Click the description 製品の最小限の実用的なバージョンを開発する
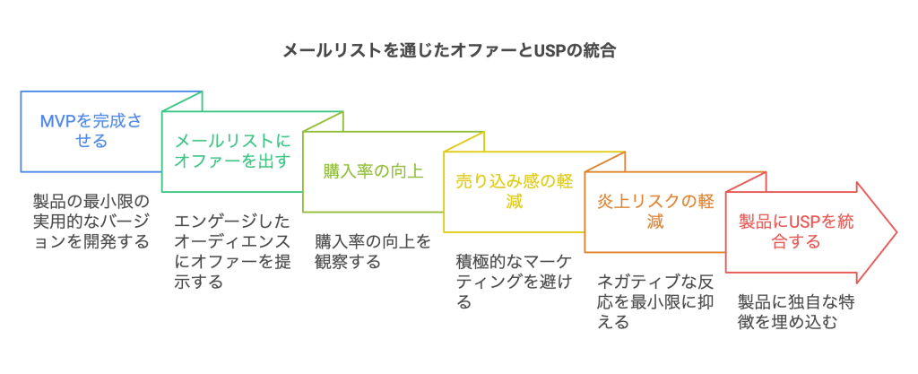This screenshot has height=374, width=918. coord(90,220)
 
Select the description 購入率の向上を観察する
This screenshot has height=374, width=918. coord(373,250)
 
